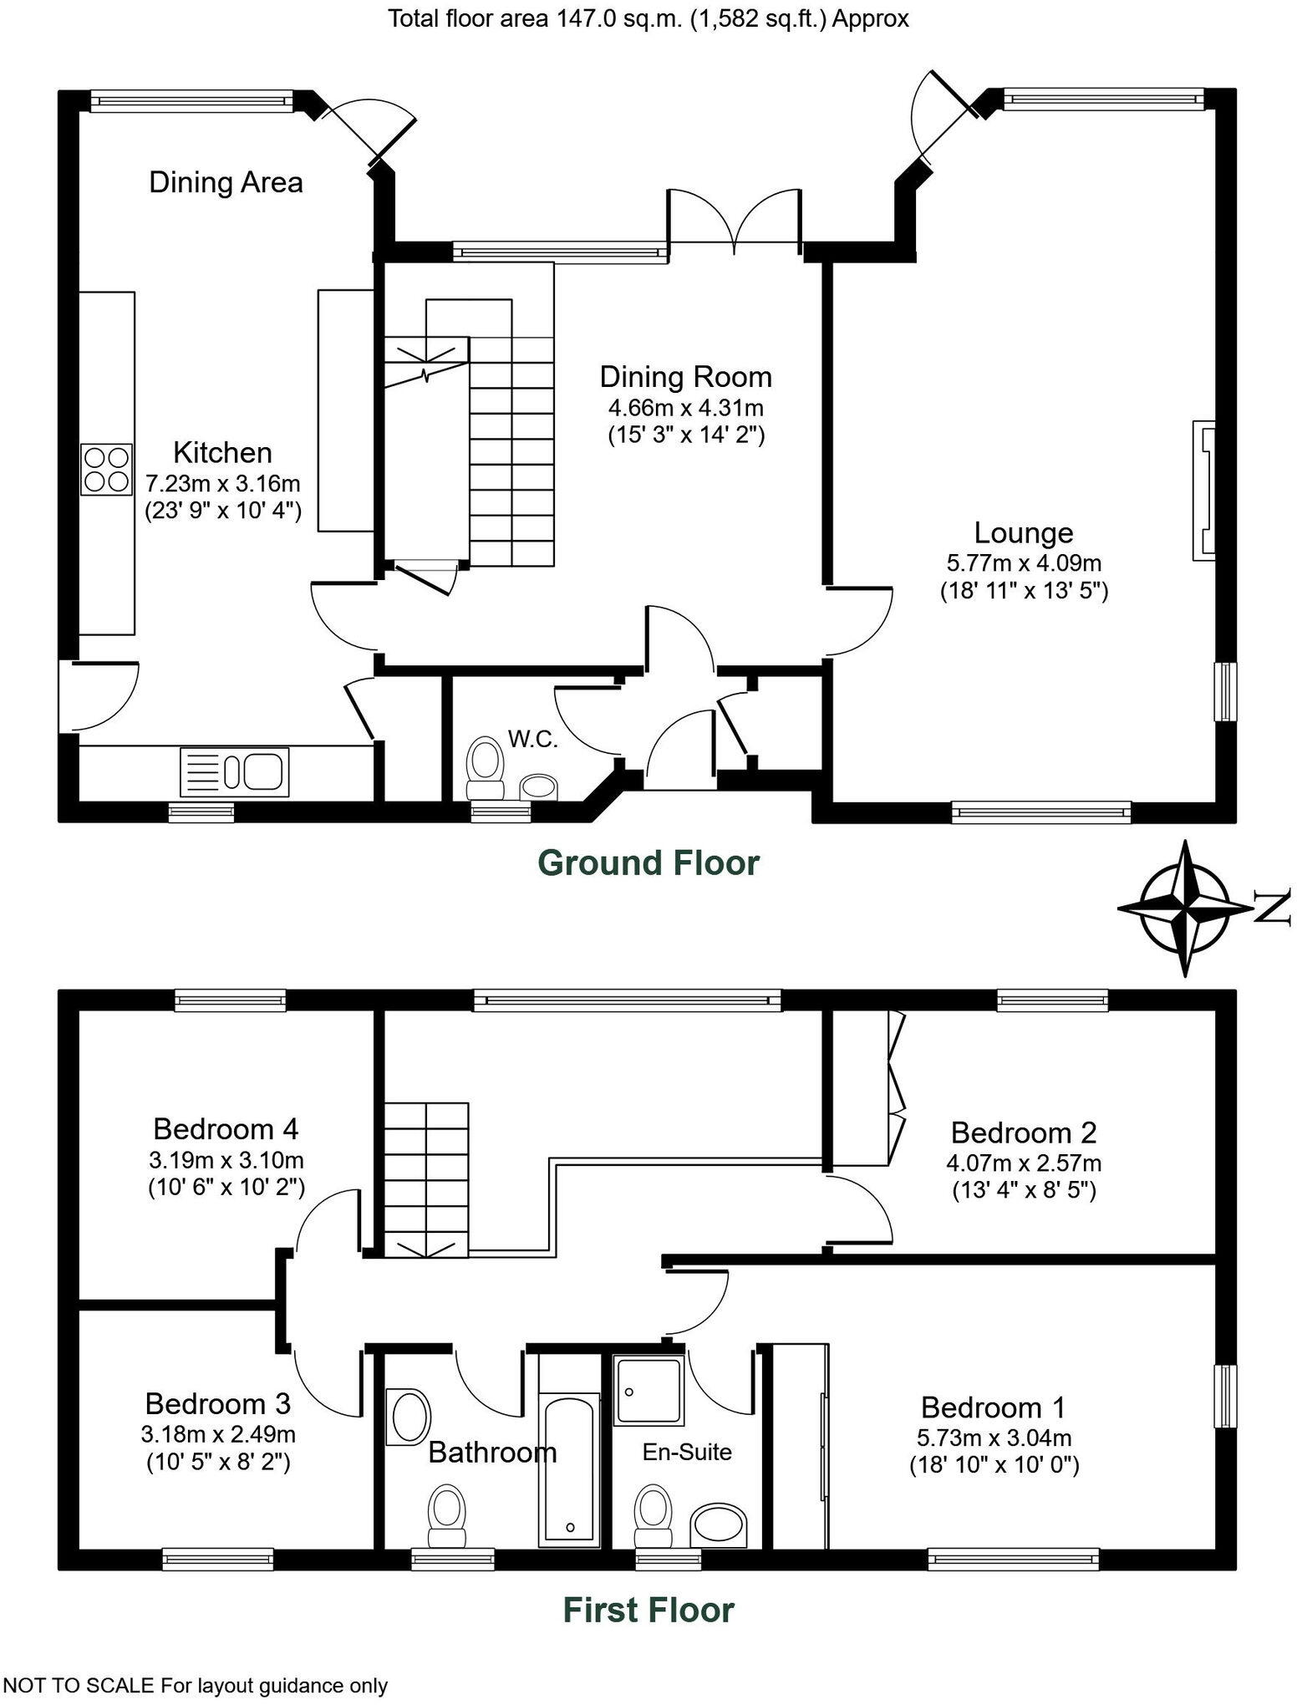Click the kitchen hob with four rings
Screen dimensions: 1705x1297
(x=107, y=469)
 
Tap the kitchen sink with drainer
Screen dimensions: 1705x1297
(x=234, y=771)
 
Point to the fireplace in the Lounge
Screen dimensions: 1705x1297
(x=1203, y=490)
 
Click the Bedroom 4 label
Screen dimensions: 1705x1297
(x=226, y=1129)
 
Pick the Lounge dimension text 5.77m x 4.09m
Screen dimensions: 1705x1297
(x=1024, y=563)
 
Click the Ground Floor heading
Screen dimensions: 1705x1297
(x=648, y=863)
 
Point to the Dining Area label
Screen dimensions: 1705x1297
(x=226, y=182)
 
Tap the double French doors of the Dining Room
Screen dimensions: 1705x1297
(x=735, y=219)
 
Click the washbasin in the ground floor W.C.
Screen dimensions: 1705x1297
(x=538, y=786)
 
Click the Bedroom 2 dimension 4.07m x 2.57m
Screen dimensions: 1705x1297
(x=1024, y=1163)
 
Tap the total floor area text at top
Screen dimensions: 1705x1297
(x=648, y=18)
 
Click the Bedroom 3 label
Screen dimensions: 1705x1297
(x=218, y=1402)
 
